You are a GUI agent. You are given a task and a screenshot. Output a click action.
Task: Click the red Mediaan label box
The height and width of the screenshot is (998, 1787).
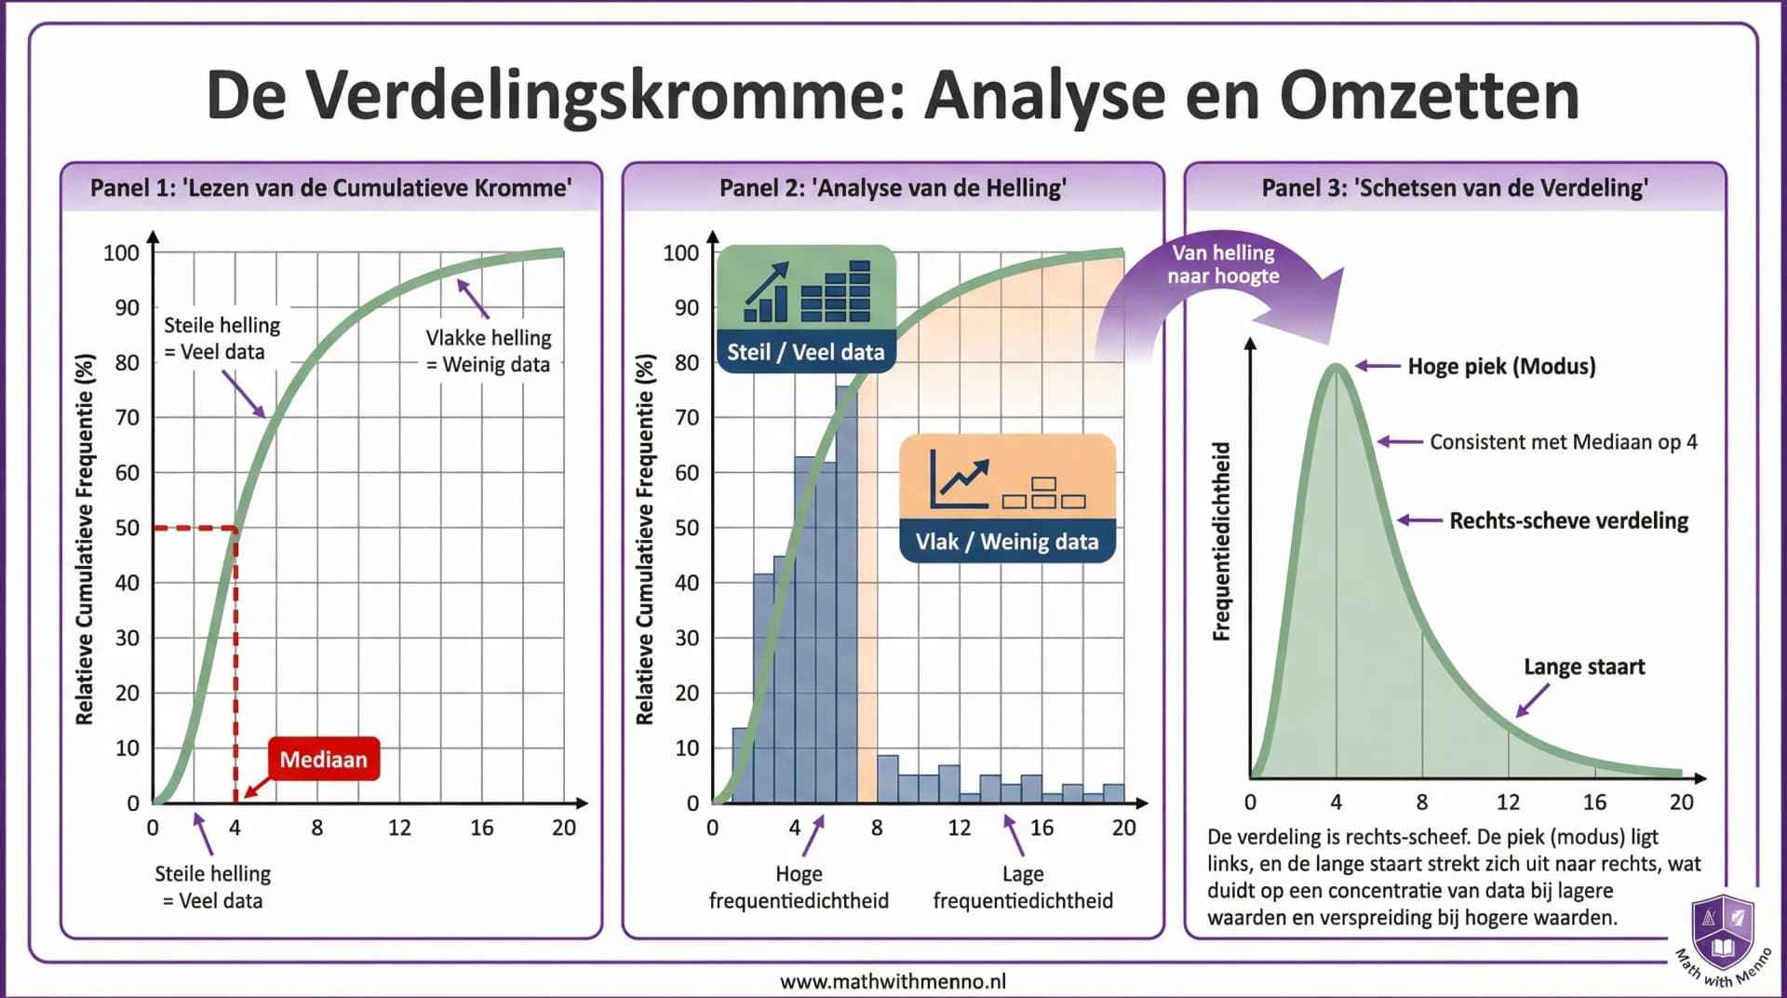click(x=323, y=759)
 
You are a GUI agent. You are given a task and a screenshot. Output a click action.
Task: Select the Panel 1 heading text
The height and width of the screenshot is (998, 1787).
click(x=330, y=188)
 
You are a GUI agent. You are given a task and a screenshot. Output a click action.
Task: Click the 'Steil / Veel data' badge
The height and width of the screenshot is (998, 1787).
click(x=805, y=352)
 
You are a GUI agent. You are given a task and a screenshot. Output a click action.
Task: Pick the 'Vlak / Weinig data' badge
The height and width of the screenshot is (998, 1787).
click(x=1007, y=541)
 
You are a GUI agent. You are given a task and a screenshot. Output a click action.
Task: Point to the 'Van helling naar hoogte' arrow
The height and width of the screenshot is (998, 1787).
click(x=1223, y=270)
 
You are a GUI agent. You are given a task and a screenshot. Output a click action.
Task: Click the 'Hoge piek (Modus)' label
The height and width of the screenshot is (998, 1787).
click(x=1500, y=366)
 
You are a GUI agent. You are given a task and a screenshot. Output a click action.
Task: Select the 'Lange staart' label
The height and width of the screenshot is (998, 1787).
click(x=1583, y=667)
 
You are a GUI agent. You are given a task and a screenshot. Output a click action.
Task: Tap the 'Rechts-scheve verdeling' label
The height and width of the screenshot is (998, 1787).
click(x=1568, y=520)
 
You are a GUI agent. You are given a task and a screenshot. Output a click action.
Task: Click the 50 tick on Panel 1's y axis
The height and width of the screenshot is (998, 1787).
click(x=128, y=528)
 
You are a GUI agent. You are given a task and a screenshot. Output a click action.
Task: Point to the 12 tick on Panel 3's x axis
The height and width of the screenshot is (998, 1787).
click(x=1508, y=802)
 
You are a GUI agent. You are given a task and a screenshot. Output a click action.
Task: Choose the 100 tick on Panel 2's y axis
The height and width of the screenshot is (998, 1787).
click(x=680, y=252)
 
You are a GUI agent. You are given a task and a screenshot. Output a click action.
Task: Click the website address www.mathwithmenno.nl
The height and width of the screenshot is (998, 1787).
click(x=893, y=980)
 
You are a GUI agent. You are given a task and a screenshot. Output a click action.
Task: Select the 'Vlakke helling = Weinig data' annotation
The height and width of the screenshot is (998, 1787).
click(x=489, y=351)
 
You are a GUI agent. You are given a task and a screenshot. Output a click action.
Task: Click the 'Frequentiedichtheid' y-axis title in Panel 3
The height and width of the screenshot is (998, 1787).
click(x=1221, y=541)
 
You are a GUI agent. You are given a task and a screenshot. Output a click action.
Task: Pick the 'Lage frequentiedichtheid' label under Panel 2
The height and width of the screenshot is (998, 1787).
click(x=1023, y=886)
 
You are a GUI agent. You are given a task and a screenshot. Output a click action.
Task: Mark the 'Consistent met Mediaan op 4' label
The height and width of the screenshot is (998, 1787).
click(x=1563, y=442)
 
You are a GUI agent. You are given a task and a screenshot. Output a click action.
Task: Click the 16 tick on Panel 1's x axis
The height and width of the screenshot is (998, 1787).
click(x=481, y=828)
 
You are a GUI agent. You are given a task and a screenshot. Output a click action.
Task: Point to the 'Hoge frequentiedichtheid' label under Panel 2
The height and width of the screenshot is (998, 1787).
click(x=799, y=886)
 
